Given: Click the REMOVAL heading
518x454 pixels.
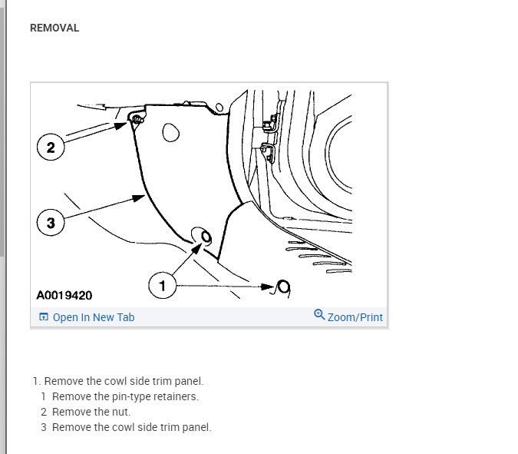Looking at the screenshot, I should pyautogui.click(x=54, y=28).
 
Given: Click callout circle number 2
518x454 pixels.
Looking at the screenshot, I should pyautogui.click(x=51, y=147).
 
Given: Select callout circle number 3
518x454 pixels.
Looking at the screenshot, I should pyautogui.click(x=51, y=223).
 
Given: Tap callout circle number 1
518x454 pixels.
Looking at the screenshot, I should pyautogui.click(x=162, y=286).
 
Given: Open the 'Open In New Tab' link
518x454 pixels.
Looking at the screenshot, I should pyautogui.click(x=93, y=317).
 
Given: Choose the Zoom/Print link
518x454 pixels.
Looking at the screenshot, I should pyautogui.click(x=355, y=317).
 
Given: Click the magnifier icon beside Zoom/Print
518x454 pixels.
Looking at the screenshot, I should pyautogui.click(x=319, y=315).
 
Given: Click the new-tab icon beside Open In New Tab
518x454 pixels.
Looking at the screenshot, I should pyautogui.click(x=44, y=317).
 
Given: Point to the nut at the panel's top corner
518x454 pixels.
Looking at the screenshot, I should pyautogui.click(x=136, y=119).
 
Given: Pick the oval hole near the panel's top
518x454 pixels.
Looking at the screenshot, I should pyautogui.click(x=170, y=134).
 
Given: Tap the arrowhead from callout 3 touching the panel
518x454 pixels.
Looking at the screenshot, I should pyautogui.click(x=140, y=197).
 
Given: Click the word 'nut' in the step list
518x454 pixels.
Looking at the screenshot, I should pyautogui.click(x=122, y=412).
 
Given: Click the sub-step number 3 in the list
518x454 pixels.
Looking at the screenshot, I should pyautogui.click(x=45, y=427).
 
